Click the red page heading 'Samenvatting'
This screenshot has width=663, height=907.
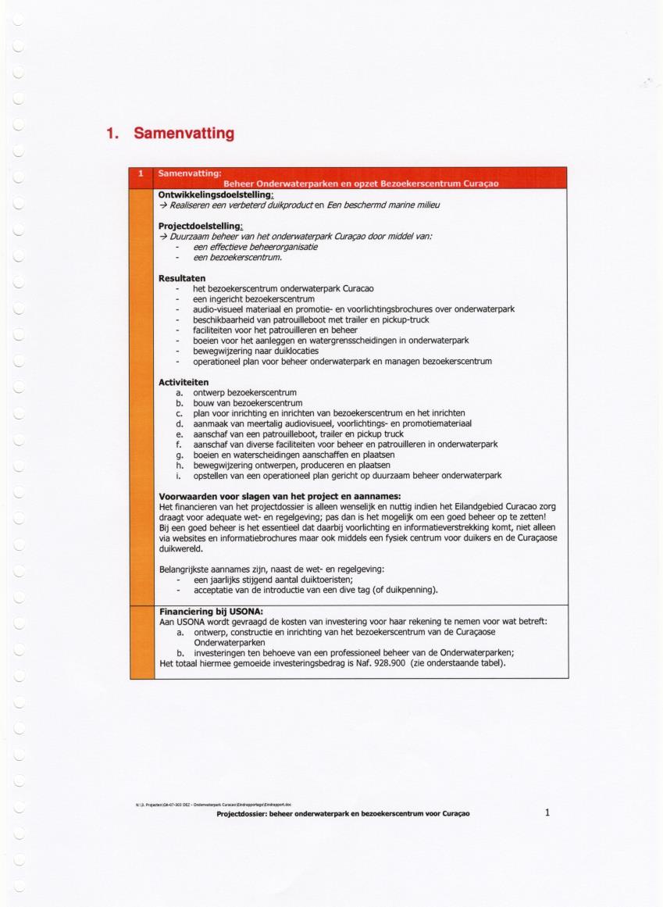[x=184, y=134]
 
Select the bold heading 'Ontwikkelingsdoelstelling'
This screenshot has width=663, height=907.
[x=215, y=195]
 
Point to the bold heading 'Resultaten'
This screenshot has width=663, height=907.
[x=182, y=278]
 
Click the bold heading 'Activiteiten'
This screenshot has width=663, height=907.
[x=184, y=382]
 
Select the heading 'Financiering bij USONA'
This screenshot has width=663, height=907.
[x=211, y=611]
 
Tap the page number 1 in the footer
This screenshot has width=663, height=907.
[x=547, y=812]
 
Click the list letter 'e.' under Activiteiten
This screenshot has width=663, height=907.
[x=180, y=434]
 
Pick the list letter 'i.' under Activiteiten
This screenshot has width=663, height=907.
[x=180, y=475]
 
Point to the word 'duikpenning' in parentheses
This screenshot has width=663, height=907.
[x=412, y=589]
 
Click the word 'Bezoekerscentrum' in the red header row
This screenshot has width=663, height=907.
[x=419, y=184]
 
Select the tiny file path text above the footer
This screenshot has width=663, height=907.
[x=212, y=803]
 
